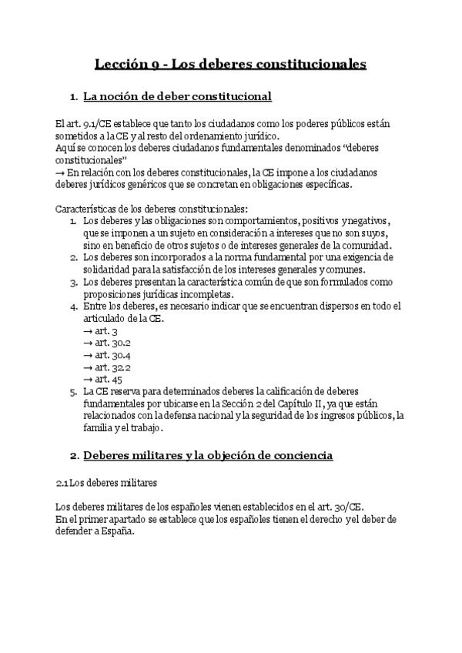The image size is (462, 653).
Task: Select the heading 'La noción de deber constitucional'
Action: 177,97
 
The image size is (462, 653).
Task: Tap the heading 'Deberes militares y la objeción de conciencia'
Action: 208,456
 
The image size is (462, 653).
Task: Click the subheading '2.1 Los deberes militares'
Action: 106,483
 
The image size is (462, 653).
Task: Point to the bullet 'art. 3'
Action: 100,330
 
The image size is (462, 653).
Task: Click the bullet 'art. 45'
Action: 102,380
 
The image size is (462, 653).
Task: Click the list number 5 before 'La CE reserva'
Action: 73,391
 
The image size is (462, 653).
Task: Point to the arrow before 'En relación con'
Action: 61,172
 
